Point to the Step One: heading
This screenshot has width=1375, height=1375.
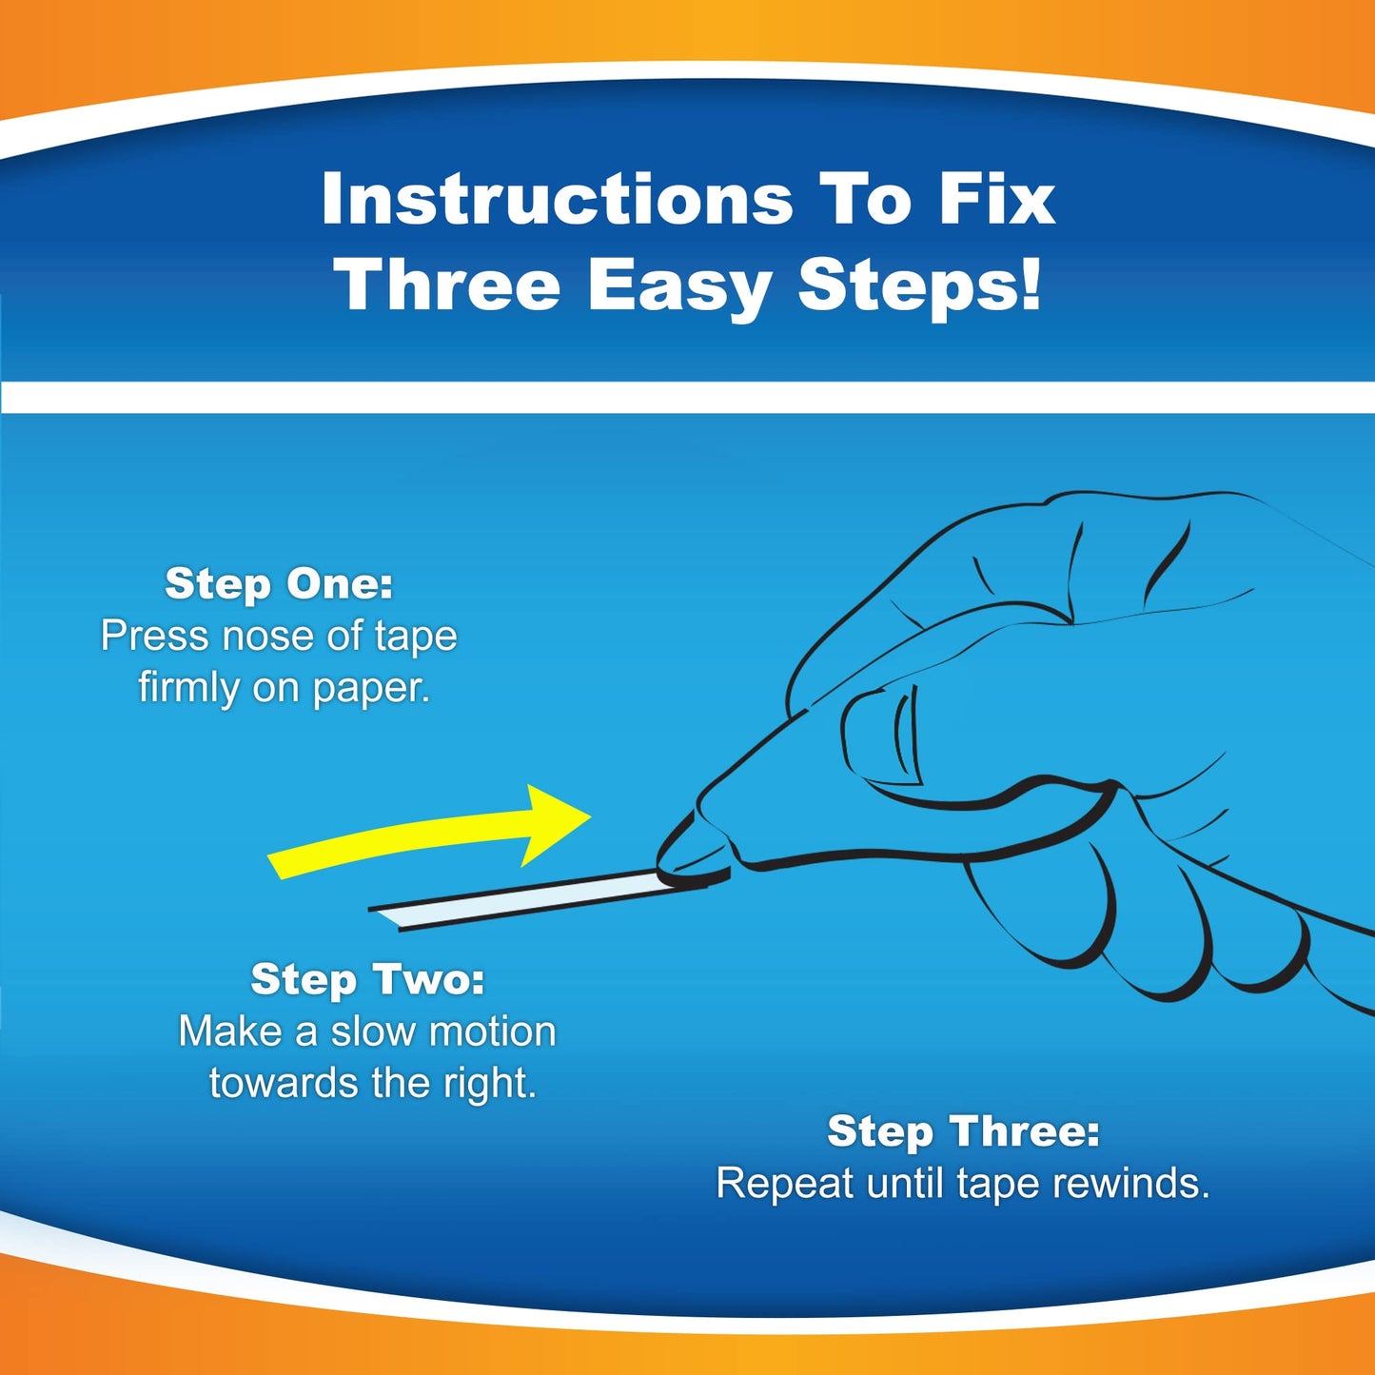[279, 583]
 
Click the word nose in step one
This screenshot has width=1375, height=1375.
[268, 636]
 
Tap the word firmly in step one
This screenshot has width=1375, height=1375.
[188, 687]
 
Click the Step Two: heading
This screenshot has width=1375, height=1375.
[367, 979]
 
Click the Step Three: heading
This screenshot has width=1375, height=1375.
[963, 1131]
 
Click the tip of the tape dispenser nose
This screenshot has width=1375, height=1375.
[666, 871]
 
